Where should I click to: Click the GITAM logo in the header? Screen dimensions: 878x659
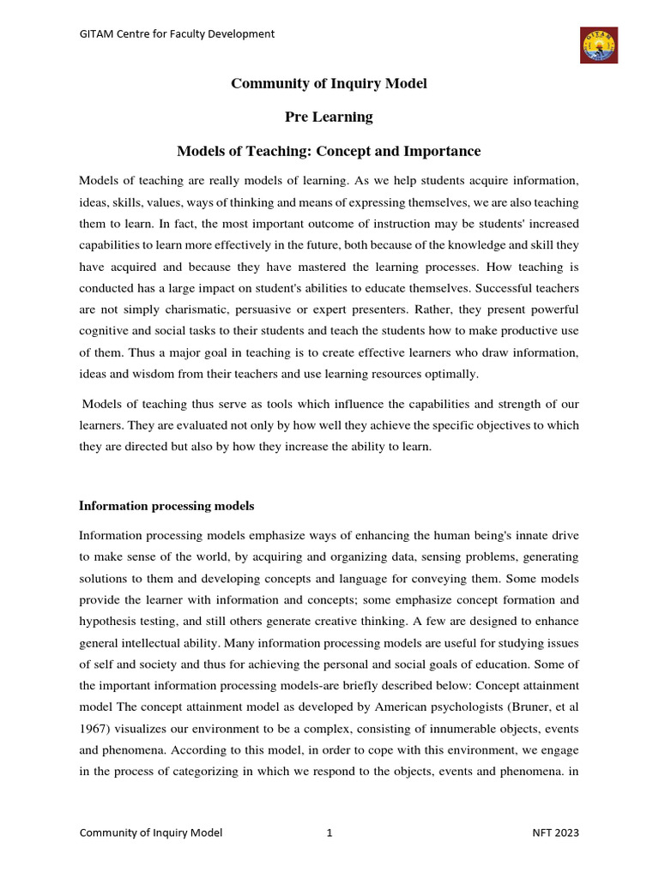click(x=598, y=45)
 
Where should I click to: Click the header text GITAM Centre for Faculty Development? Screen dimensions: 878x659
click(x=177, y=34)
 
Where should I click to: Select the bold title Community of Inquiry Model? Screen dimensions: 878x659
click(x=329, y=84)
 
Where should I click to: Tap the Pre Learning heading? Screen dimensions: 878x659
click(x=329, y=117)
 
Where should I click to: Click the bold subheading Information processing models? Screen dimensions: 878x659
click(x=166, y=506)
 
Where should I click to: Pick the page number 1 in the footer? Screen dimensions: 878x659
click(x=329, y=833)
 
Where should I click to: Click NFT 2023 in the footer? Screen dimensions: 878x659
click(x=556, y=833)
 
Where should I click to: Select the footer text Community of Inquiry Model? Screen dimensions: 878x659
click(x=151, y=833)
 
